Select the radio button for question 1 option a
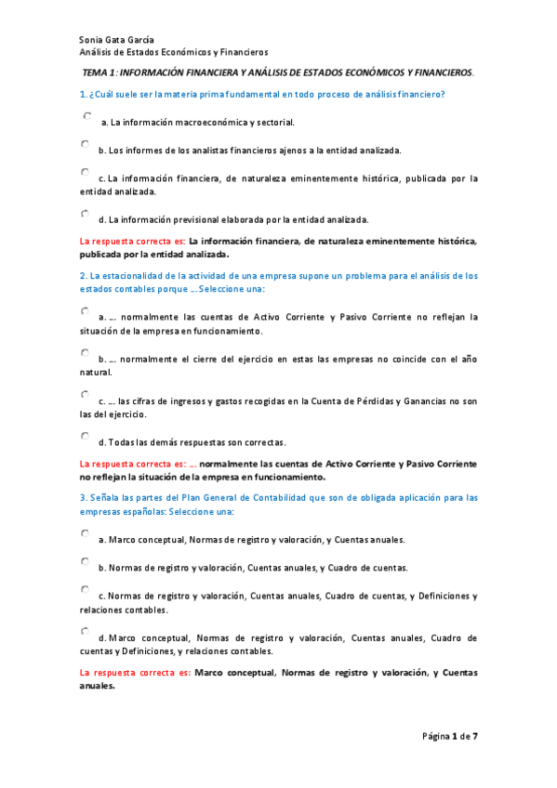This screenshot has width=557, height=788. click(86, 116)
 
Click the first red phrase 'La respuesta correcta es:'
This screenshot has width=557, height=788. click(132, 241)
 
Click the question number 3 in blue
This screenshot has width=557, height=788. click(83, 498)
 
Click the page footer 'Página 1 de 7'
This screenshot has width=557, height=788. click(449, 736)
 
